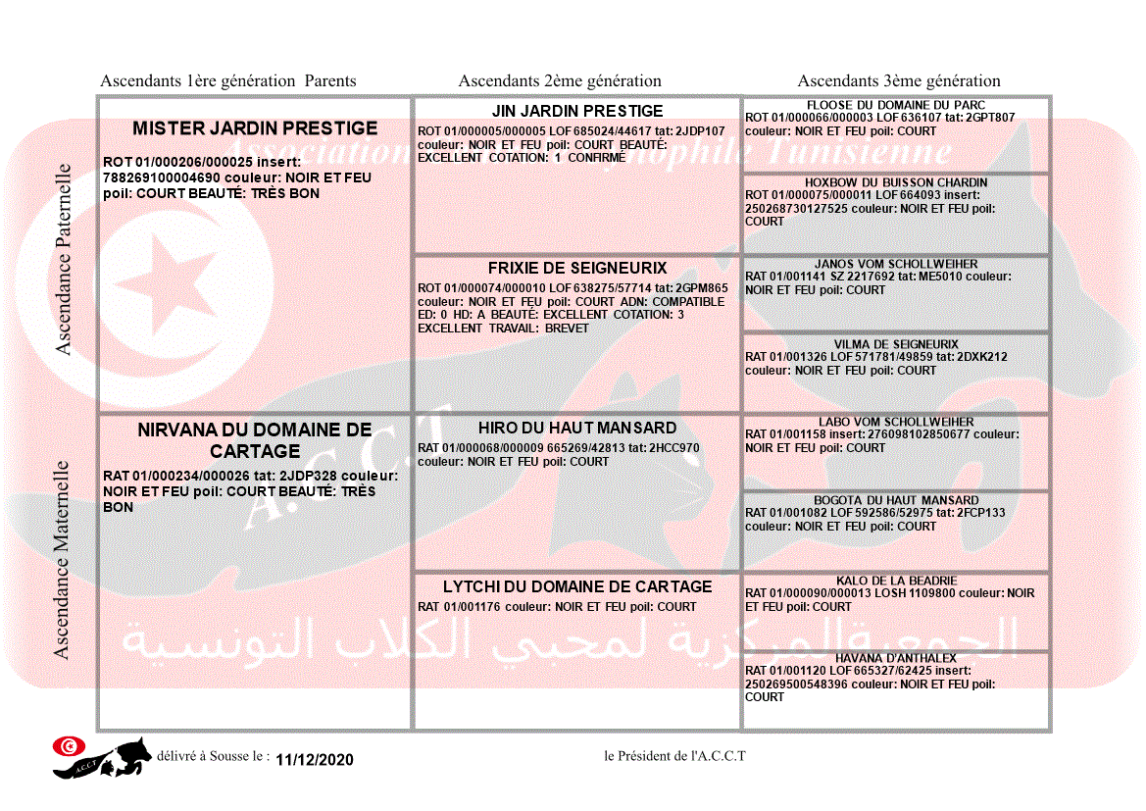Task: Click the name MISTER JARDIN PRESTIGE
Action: click(255, 128)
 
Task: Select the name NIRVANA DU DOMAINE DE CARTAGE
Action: click(255, 440)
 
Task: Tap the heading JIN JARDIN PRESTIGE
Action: click(577, 111)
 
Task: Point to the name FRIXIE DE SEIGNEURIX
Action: click(577, 268)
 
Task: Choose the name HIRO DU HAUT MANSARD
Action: click(577, 428)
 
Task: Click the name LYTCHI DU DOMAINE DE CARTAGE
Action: click(577, 586)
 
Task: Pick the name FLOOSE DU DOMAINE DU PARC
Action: click(896, 105)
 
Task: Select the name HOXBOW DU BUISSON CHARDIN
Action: click(896, 182)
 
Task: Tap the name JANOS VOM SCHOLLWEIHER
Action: click(896, 264)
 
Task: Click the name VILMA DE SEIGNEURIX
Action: click(896, 344)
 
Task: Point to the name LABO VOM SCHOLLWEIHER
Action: click(896, 422)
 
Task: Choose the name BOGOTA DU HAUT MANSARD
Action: click(896, 500)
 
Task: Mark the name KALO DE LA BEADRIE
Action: click(896, 581)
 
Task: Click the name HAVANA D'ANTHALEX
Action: click(896, 658)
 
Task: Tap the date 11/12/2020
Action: click(315, 760)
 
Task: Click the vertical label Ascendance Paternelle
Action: click(64, 259)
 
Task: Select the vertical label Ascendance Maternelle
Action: click(62, 559)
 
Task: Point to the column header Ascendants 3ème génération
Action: click(899, 81)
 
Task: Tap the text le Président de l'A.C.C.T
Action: click(675, 755)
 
